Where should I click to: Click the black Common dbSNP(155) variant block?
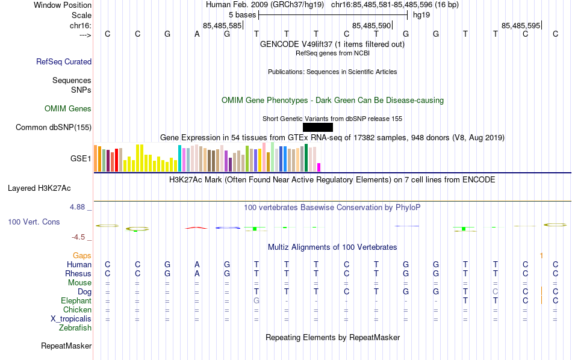pyautogui.click(x=317, y=127)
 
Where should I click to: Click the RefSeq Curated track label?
pyautogui.click(x=64, y=61)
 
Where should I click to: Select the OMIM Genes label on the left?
pyautogui.click(x=68, y=109)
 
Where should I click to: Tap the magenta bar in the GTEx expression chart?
pyautogui.click(x=319, y=167)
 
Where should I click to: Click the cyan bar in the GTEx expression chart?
pyautogui.click(x=179, y=158)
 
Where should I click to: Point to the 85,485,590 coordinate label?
pyautogui.click(x=371, y=26)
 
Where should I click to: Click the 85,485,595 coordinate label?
pyautogui.click(x=521, y=26)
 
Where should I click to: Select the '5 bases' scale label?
pyautogui.click(x=242, y=14)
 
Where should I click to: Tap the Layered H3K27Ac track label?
pyautogui.click(x=49, y=188)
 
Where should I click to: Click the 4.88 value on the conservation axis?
pyautogui.click(x=78, y=207)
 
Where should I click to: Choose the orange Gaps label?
pyautogui.click(x=82, y=256)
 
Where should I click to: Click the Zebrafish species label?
pyautogui.click(x=75, y=328)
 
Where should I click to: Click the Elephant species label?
pyautogui.click(x=76, y=301)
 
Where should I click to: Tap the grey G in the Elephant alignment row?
pyautogui.click(x=256, y=300)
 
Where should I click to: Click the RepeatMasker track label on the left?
pyautogui.click(x=66, y=346)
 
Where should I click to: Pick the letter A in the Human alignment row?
pyautogui.click(x=197, y=264)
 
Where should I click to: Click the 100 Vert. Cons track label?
pyautogui.click(x=34, y=222)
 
